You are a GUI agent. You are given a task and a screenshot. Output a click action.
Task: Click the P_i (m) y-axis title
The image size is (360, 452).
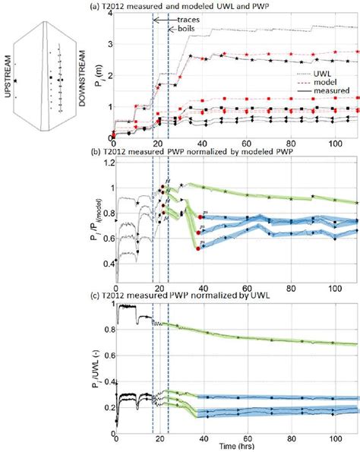(x=95, y=76)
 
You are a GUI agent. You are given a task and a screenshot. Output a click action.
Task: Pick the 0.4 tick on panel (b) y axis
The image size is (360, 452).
(x=106, y=262)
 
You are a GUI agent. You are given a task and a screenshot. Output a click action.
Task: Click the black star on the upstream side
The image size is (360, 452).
(x=15, y=81)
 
